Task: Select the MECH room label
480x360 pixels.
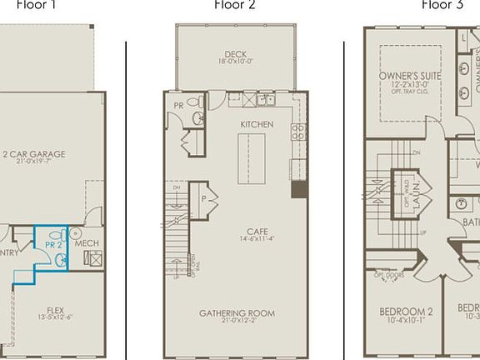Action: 87,244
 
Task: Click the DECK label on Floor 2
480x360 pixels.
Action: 235,54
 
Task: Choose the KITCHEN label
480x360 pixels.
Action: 257,124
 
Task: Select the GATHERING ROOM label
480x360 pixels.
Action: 237,313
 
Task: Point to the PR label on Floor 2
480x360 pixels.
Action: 178,106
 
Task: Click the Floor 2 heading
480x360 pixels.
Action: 235,4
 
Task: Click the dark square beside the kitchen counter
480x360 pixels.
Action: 299,189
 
